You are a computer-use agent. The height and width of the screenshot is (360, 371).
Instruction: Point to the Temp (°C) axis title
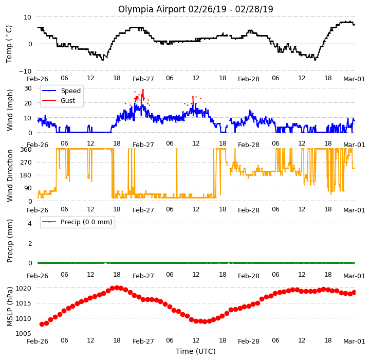tap(9, 44)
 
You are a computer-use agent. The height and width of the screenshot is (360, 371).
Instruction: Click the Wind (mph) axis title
tap(9, 110)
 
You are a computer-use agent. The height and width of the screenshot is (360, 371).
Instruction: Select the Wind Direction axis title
tap(9, 175)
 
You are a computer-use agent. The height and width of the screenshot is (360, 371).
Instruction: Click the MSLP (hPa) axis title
tap(9, 307)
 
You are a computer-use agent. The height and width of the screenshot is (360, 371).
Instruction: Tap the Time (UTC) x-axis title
tap(196, 351)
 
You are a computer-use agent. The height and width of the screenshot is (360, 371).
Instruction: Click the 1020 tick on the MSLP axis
tap(23, 288)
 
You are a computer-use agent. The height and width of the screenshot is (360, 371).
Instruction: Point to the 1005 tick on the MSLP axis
tap(23, 333)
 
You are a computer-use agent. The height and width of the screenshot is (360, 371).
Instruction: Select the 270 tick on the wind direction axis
tap(27, 162)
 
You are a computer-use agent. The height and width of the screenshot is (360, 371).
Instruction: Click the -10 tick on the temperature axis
tap(25, 71)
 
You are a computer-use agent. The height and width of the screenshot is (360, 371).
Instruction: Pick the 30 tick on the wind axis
tap(28, 88)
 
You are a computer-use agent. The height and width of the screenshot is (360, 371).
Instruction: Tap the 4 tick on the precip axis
tap(30, 223)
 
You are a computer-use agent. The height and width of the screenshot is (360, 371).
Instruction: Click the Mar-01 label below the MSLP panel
tap(354, 341)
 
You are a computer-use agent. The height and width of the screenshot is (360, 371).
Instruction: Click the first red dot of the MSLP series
tap(42, 324)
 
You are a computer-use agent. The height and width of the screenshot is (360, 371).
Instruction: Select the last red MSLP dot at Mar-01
tap(354, 293)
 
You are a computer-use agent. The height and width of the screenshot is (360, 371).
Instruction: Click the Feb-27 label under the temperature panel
tap(143, 79)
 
